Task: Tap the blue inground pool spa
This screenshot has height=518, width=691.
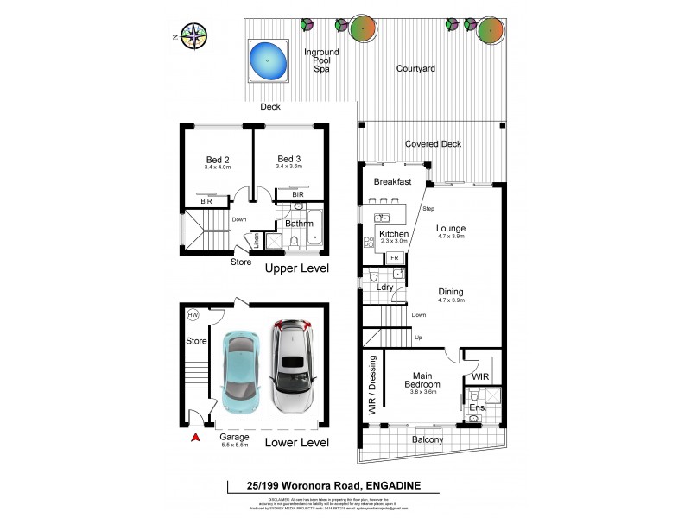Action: pos(269,60)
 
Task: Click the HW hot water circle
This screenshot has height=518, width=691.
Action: pos(193,316)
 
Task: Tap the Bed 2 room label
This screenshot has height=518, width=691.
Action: pos(218,159)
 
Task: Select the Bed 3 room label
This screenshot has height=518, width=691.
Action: pos(288,159)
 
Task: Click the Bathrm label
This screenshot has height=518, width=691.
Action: pos(299,224)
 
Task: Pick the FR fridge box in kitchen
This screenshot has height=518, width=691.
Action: pos(395,258)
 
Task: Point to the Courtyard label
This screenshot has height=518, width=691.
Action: pos(414,68)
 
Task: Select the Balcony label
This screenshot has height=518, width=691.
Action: pos(427,440)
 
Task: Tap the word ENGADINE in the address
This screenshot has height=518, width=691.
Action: pos(390,487)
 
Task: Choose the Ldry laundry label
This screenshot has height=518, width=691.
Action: pos(384,286)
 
